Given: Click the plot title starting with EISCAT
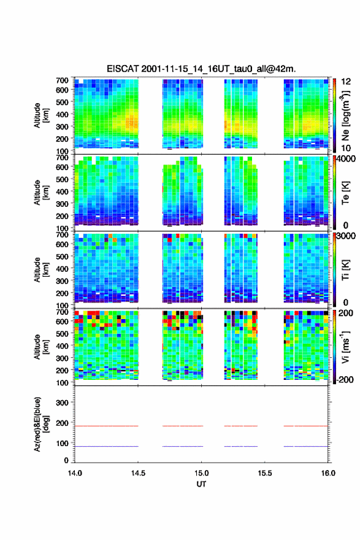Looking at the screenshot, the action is [x=201, y=69].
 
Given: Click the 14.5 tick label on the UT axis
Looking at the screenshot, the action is [x=138, y=473].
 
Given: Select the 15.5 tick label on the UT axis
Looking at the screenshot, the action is [x=265, y=473].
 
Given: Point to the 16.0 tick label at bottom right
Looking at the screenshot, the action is [x=328, y=473].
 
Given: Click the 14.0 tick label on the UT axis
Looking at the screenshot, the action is [x=75, y=473].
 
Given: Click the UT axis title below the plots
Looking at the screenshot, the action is [x=201, y=484].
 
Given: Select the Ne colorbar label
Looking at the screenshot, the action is [x=345, y=115].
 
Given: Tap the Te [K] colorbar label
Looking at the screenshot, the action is [x=345, y=193].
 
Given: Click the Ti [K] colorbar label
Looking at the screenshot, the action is [x=345, y=269].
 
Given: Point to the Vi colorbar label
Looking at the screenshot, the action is [x=345, y=347].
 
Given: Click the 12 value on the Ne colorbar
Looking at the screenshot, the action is [x=346, y=82].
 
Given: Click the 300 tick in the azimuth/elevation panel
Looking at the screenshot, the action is [x=63, y=403].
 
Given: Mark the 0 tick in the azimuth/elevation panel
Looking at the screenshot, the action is [x=66, y=460].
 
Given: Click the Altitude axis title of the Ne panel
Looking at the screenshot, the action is [x=41, y=115].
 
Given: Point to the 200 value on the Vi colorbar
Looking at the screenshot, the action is [x=346, y=314].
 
